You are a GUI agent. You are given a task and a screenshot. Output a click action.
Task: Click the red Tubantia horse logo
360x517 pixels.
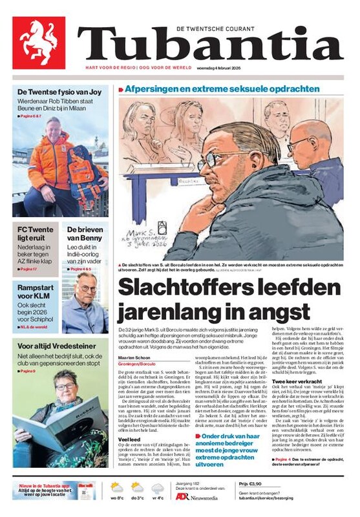click(38, 43)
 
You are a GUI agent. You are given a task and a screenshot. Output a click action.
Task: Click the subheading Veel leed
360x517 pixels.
click(127, 441)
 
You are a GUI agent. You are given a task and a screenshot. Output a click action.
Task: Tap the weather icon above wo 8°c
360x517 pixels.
click(117, 487)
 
